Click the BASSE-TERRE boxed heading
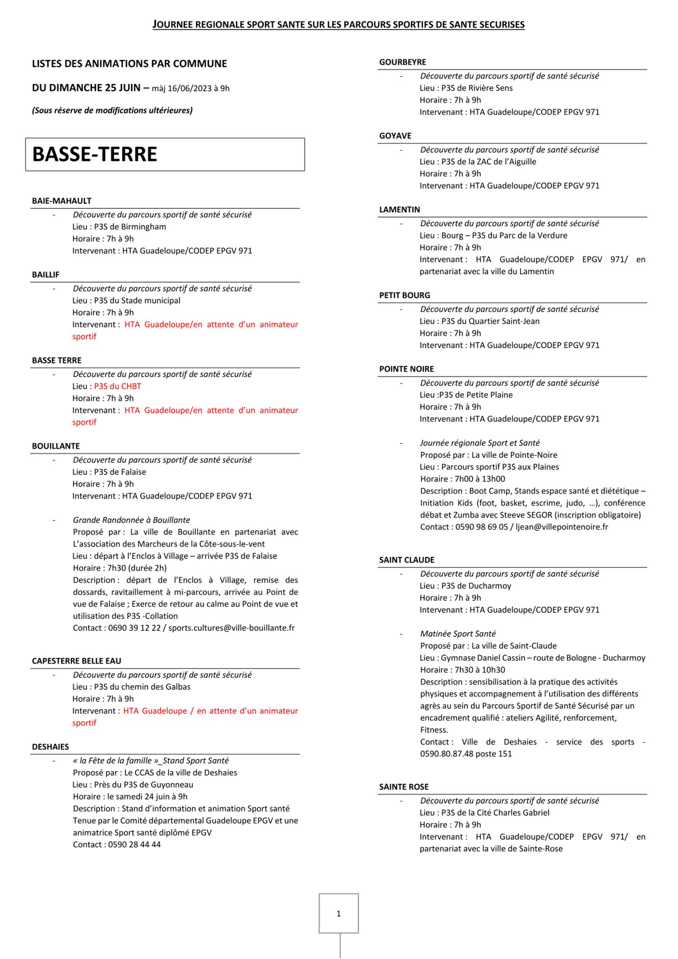94,154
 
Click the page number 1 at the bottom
339,913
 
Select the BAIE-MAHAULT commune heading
61,201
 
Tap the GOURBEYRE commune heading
402,62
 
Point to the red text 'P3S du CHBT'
117,386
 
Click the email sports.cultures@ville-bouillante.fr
231,628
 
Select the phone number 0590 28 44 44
134,844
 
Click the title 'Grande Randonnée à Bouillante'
131,520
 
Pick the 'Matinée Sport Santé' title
458,634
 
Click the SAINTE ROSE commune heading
404,787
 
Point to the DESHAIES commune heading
50,747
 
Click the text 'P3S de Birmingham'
130,227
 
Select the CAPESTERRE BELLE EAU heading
76,661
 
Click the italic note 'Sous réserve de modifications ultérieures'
112,111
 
